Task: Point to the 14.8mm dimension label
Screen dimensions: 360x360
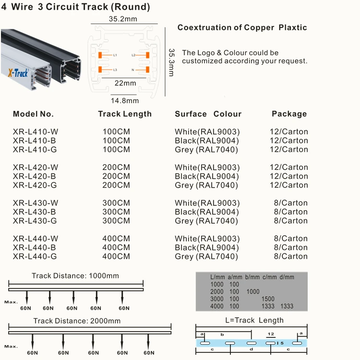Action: pyautogui.click(x=125, y=101)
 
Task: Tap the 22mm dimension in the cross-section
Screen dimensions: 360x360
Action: pyautogui.click(x=125, y=83)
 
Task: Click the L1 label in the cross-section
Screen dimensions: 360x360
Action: pyautogui.click(x=115, y=56)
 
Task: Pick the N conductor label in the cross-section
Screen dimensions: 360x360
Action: pyautogui.click(x=133, y=70)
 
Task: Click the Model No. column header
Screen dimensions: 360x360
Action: pyautogui.click(x=33, y=114)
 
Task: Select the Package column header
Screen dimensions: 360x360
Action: pyautogui.click(x=289, y=114)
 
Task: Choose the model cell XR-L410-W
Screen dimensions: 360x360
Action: pyautogui.click(x=36, y=132)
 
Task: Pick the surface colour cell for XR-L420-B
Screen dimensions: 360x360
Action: pyautogui.click(x=207, y=176)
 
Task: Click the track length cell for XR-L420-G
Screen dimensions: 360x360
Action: pyautogui.click(x=116, y=185)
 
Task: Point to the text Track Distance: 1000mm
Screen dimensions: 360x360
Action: pyautogui.click(x=75, y=276)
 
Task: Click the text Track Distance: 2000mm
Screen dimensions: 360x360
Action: pyautogui.click(x=77, y=321)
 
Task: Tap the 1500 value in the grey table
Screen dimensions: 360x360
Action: pyautogui.click(x=268, y=299)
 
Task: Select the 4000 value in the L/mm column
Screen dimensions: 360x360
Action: pyautogui.click(x=217, y=306)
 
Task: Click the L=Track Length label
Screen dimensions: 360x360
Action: pyautogui.click(x=254, y=320)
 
